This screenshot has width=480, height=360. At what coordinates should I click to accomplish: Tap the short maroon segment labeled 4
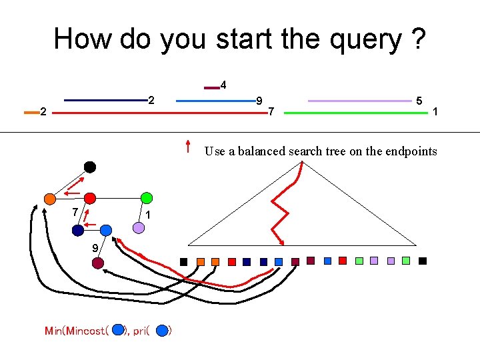(211, 87)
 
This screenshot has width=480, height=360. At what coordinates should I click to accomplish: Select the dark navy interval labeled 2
(105, 101)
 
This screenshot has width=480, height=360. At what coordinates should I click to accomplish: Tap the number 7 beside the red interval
(271, 111)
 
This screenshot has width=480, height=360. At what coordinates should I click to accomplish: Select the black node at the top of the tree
(89, 167)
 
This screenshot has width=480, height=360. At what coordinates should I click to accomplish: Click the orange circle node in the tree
(49, 198)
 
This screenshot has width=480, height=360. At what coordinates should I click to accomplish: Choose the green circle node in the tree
(147, 198)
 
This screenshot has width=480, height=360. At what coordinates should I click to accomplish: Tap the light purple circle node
(138, 227)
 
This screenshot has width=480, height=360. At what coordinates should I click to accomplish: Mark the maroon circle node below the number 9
(97, 263)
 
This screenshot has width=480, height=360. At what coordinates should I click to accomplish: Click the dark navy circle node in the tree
(78, 230)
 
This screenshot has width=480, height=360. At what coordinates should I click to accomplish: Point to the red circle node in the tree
(90, 198)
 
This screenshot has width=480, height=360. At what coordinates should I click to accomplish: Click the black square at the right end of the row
(422, 261)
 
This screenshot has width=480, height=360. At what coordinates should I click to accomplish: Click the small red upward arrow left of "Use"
(189, 147)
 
